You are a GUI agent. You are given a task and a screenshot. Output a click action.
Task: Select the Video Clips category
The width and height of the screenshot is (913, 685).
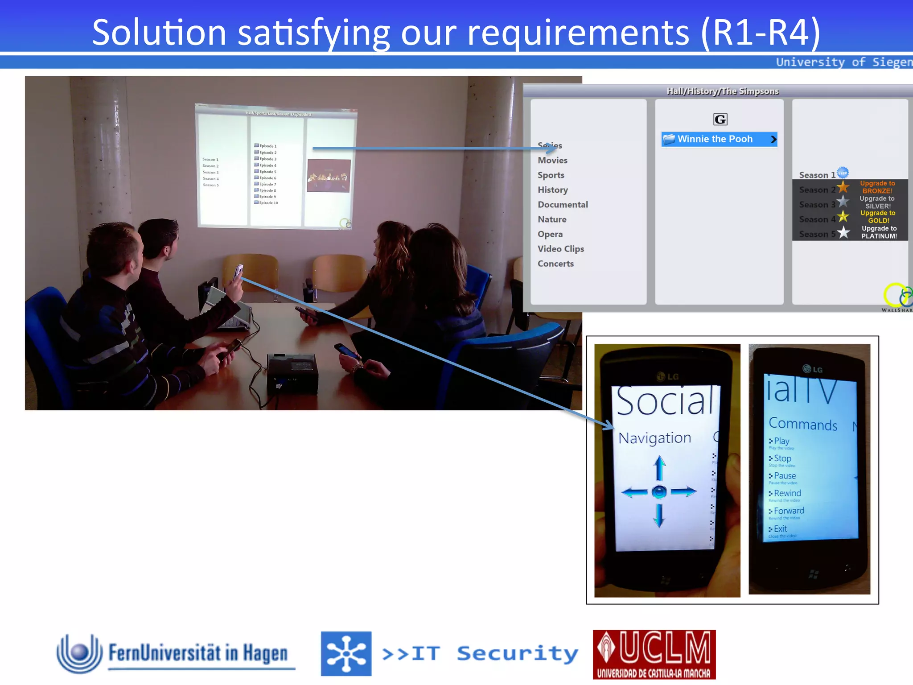560,249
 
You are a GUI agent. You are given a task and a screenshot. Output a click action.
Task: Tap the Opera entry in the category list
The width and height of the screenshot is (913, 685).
550,234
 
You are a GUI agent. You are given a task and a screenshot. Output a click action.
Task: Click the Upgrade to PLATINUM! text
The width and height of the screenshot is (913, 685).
879,232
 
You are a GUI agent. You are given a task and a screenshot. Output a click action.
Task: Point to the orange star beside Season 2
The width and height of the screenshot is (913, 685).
843,187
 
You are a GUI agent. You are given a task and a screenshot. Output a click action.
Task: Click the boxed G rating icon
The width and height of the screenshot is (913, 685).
720,120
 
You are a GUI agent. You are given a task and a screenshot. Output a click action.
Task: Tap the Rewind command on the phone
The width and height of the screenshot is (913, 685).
787,493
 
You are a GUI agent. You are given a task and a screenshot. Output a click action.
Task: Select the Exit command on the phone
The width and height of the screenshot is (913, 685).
780,529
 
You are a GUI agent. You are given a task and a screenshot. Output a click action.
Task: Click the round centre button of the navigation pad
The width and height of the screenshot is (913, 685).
659,492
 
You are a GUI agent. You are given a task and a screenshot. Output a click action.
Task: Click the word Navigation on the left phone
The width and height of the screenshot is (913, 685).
654,438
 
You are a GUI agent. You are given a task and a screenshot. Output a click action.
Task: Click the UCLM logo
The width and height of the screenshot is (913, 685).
654,654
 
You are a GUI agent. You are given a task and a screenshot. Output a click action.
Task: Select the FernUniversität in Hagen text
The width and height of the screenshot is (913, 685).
198,653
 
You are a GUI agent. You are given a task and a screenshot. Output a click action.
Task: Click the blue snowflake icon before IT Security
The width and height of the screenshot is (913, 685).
346,654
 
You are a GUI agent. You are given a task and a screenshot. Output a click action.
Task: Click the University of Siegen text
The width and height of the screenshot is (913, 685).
843,62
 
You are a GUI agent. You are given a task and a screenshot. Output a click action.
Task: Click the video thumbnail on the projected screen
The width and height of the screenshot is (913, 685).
329,176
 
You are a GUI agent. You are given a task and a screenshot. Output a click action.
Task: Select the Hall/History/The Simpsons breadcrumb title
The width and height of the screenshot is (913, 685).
722,91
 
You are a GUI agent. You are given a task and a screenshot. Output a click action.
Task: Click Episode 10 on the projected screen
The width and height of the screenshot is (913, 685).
268,203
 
